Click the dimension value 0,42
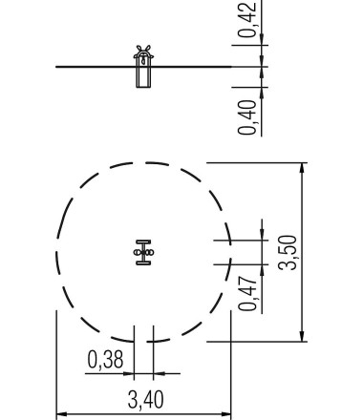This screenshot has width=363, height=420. tap(246, 20)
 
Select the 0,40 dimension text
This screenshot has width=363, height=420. tap(247, 117)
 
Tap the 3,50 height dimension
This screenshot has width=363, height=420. tap(288, 253)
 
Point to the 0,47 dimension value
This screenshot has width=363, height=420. tap(247, 293)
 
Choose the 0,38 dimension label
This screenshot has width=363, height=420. tap(105, 360)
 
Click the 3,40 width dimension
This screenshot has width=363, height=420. tap(146, 400)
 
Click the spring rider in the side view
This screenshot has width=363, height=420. tap(143, 66)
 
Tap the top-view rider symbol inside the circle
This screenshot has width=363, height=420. tap(143, 253)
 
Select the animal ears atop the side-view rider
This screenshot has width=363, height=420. tap(143, 50)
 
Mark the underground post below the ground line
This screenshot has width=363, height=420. tap(143, 77)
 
